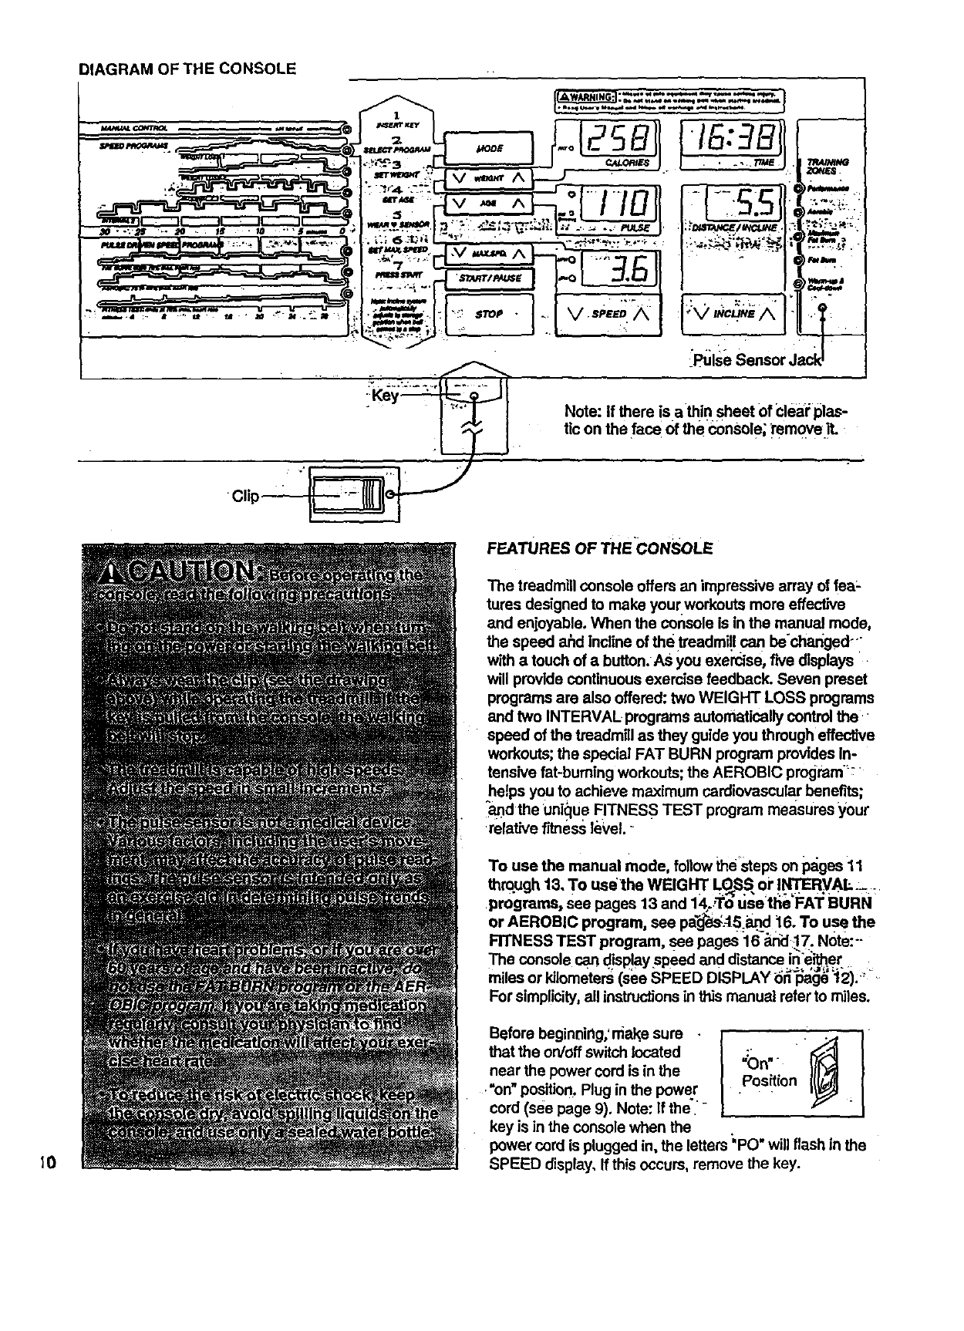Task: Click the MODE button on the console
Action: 489,147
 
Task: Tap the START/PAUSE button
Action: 489,278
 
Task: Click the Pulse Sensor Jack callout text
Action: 760,360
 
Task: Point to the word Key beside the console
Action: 385,396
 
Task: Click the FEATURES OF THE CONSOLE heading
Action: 600,548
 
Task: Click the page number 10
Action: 46,1162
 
